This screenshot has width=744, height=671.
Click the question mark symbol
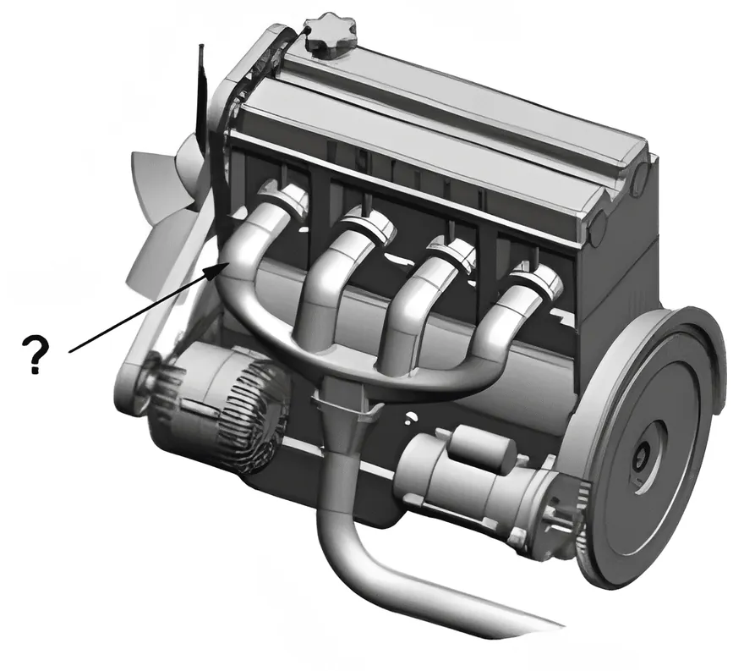pos(36,354)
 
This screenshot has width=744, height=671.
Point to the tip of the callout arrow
pos(222,263)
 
